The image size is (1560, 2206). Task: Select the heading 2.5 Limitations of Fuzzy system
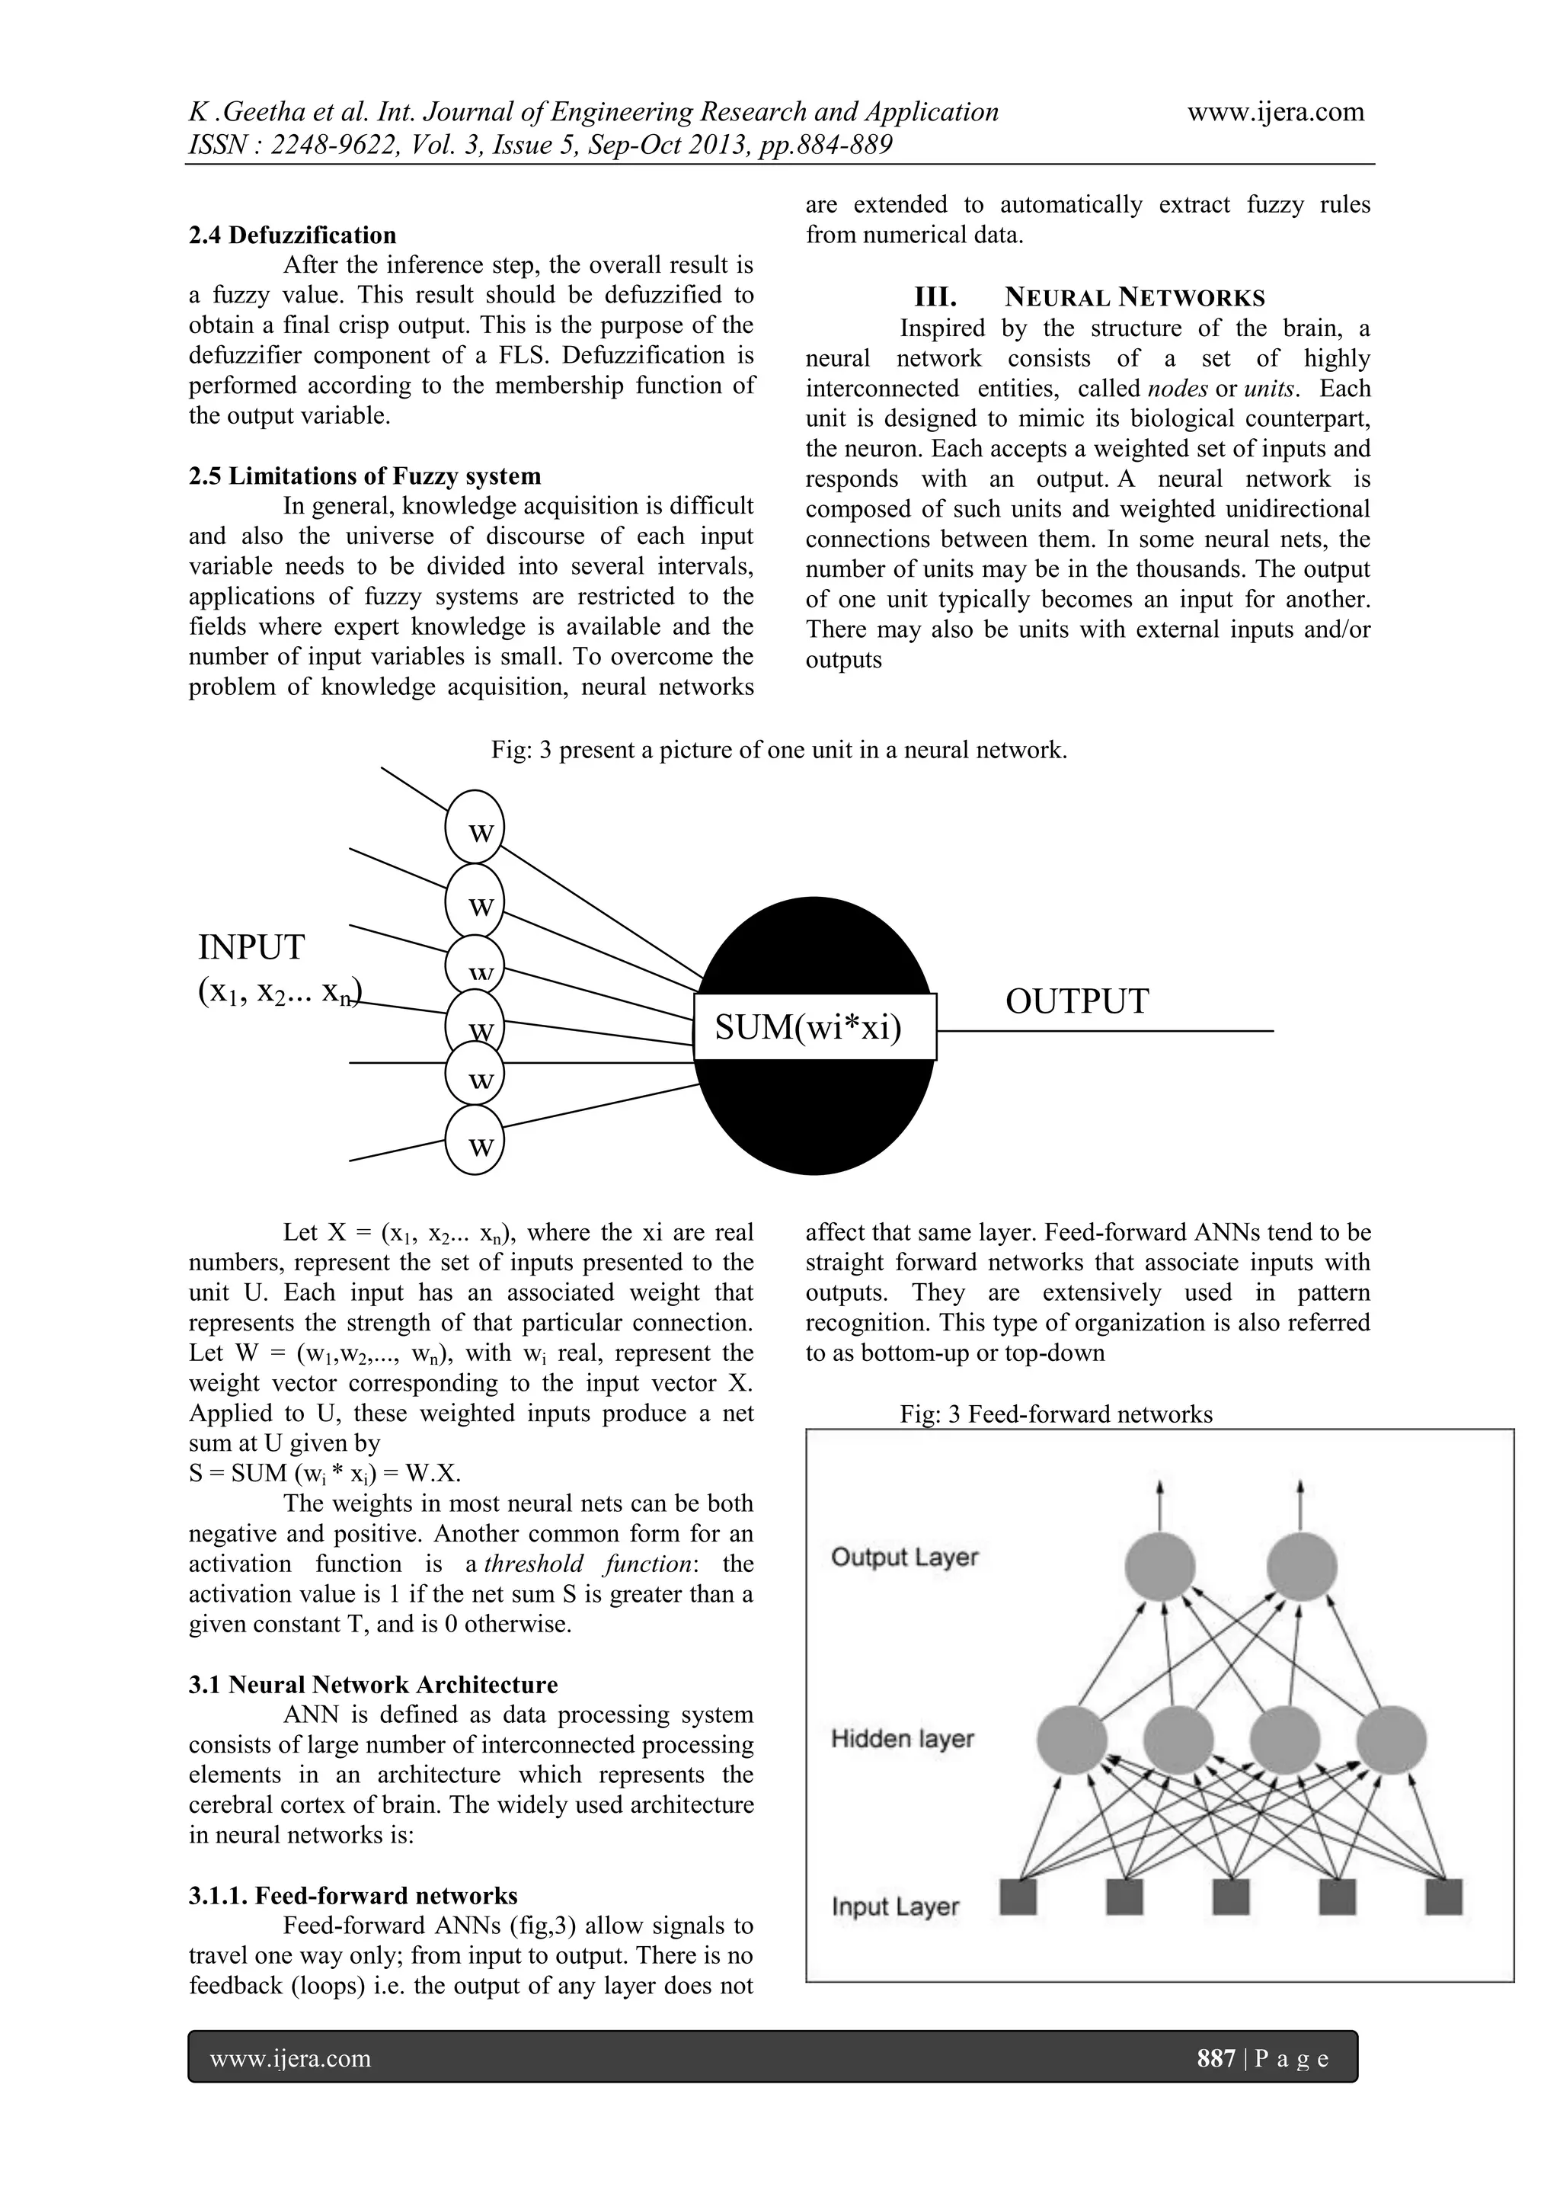[x=364, y=476]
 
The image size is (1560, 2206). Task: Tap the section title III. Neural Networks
[x=1089, y=297]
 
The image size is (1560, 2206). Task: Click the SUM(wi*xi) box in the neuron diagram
[x=814, y=1028]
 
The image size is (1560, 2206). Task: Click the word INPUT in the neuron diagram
[x=251, y=947]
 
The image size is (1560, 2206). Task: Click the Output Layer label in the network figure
[x=904, y=1558]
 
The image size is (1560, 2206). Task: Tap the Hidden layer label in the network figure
[x=902, y=1739]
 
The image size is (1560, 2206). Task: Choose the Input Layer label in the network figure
[x=895, y=1907]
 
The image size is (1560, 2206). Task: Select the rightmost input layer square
[x=1443, y=1897]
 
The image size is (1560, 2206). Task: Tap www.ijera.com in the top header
[x=1274, y=113]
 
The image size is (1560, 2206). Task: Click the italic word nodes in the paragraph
[x=1178, y=389]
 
